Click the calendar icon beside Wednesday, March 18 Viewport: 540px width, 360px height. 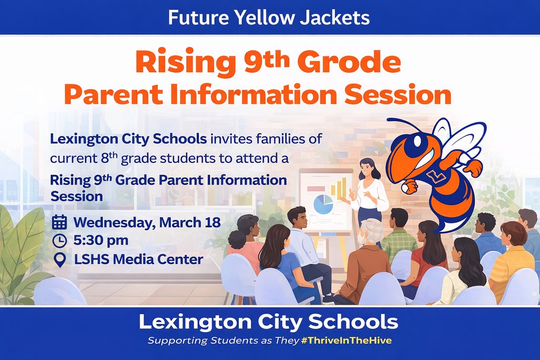coord(60,222)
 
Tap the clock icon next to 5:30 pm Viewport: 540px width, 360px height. coord(60,240)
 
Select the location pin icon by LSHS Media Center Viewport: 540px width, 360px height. coord(60,259)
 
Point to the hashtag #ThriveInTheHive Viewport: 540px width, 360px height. coord(346,340)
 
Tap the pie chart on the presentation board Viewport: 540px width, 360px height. coord(323,203)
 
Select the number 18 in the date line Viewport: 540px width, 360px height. coord(213,222)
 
